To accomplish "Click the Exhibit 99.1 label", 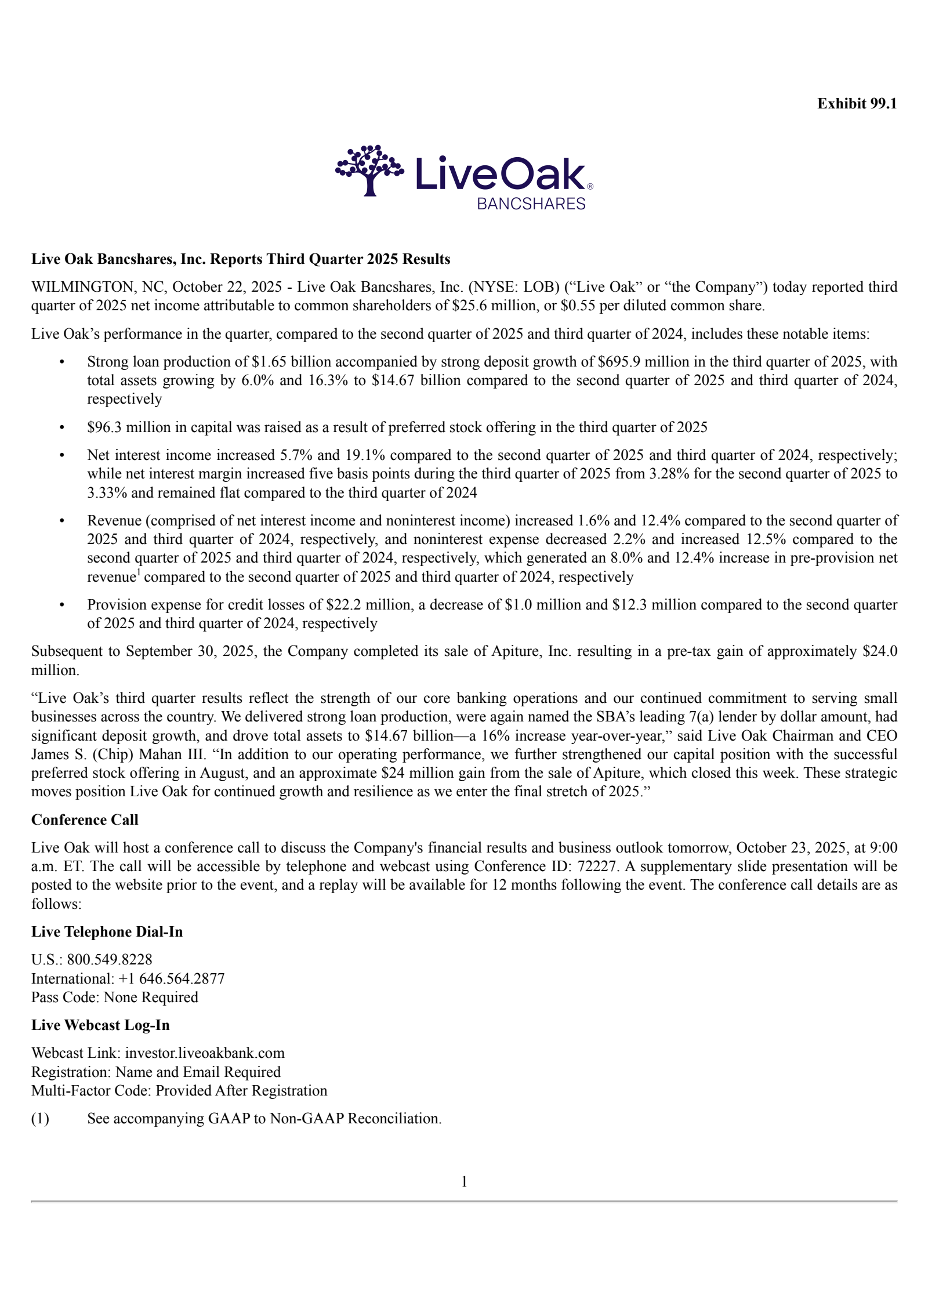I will [x=857, y=104].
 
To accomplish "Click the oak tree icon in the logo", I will [x=369, y=169].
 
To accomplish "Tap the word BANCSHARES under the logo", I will [x=531, y=204].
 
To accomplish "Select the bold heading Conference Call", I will [x=85, y=819].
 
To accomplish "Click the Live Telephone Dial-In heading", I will [x=107, y=931].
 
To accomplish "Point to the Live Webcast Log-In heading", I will [x=100, y=1025].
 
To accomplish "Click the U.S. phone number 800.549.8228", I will [x=110, y=960].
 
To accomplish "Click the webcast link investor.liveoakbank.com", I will [x=205, y=1053].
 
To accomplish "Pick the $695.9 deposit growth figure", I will [x=619, y=362].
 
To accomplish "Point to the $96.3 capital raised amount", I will [x=104, y=427].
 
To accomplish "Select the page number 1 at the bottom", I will [x=464, y=1181].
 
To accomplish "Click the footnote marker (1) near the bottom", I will [x=40, y=1118].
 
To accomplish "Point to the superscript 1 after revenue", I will [x=138, y=574].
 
